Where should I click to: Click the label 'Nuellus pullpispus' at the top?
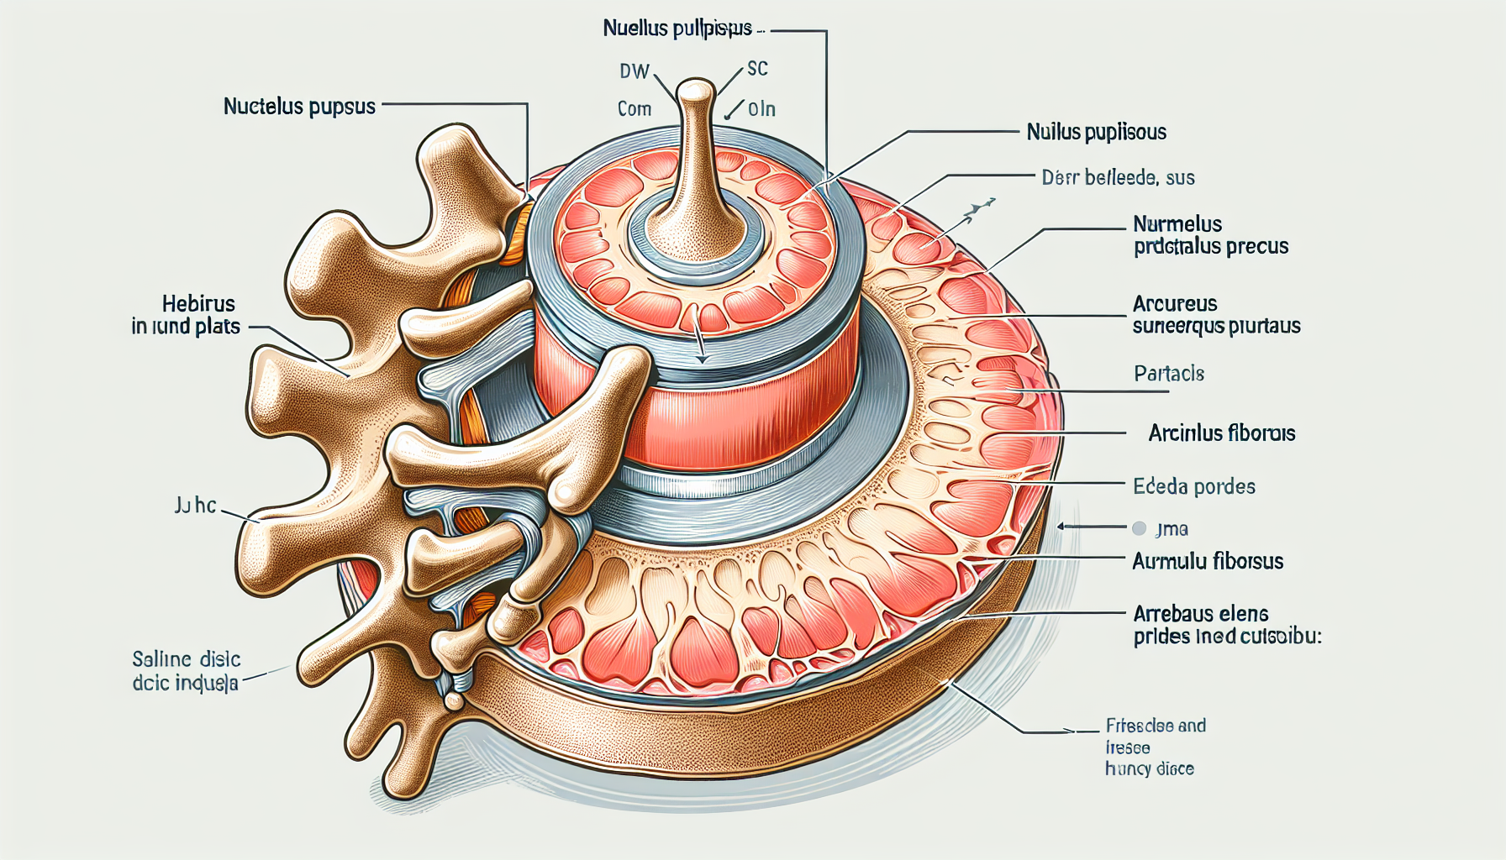[x=677, y=29]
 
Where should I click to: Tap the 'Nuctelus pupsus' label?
[x=299, y=107]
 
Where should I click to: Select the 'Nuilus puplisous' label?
[x=1096, y=132]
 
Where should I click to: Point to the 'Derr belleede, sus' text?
[x=1118, y=177]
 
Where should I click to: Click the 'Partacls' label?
[x=1168, y=374]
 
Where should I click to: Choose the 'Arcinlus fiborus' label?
[x=1221, y=433]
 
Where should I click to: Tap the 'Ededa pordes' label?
[x=1193, y=486]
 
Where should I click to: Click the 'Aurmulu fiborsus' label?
[x=1208, y=561]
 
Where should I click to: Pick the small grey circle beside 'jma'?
[x=1139, y=528]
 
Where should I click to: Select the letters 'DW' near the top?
[x=635, y=71]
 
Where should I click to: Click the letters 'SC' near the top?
[x=757, y=69]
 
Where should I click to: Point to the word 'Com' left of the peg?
[x=635, y=109]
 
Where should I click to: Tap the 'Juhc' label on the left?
[x=195, y=506]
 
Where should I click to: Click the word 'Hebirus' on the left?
[x=198, y=304]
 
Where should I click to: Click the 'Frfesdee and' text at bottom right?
[x=1156, y=726]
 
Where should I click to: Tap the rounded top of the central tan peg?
[x=695, y=91]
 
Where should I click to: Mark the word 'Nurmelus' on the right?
[x=1177, y=224]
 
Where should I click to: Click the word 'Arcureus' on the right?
[x=1175, y=304]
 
